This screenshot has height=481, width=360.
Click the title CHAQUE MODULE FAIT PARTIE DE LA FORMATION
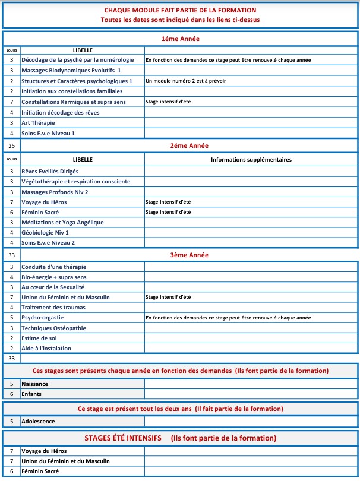180,11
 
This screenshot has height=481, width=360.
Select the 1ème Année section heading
180,39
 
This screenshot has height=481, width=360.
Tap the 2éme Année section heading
180,145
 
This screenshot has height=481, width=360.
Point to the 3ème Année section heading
180,255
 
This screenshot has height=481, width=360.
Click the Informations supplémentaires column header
251,160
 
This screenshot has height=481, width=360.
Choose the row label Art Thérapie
39,123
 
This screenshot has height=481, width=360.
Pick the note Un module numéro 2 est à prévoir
185,81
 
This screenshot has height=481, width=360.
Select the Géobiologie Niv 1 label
45,233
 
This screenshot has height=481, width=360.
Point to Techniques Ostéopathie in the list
53,328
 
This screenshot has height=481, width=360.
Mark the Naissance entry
34,384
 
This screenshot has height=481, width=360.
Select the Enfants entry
32,394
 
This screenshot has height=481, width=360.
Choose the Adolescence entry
38,422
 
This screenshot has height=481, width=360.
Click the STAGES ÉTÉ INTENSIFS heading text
123,438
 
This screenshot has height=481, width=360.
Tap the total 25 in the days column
11,145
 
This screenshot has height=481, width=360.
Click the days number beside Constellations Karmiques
11,102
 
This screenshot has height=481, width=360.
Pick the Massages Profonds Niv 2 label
55,192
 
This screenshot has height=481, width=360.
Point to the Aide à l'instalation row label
46,349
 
